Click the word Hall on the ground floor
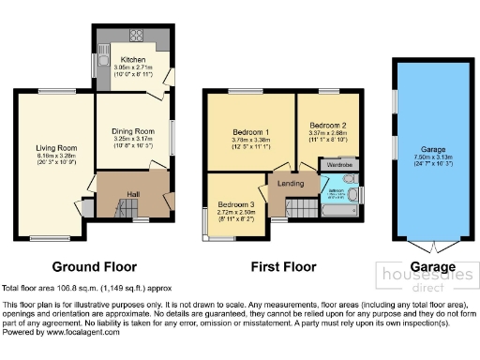133,193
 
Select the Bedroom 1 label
251,133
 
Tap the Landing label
290,184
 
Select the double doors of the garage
433,247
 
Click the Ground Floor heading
94,266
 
